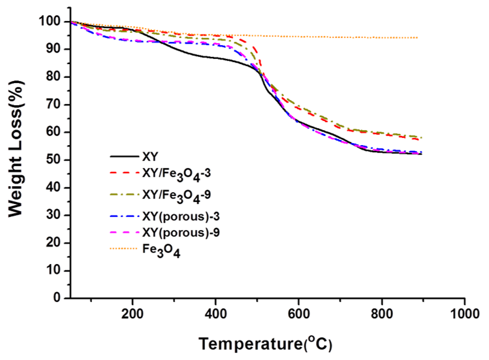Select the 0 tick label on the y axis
(57, 298)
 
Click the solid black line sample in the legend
(124, 157)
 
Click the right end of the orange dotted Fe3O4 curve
(417, 38)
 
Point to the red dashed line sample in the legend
(124, 173)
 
